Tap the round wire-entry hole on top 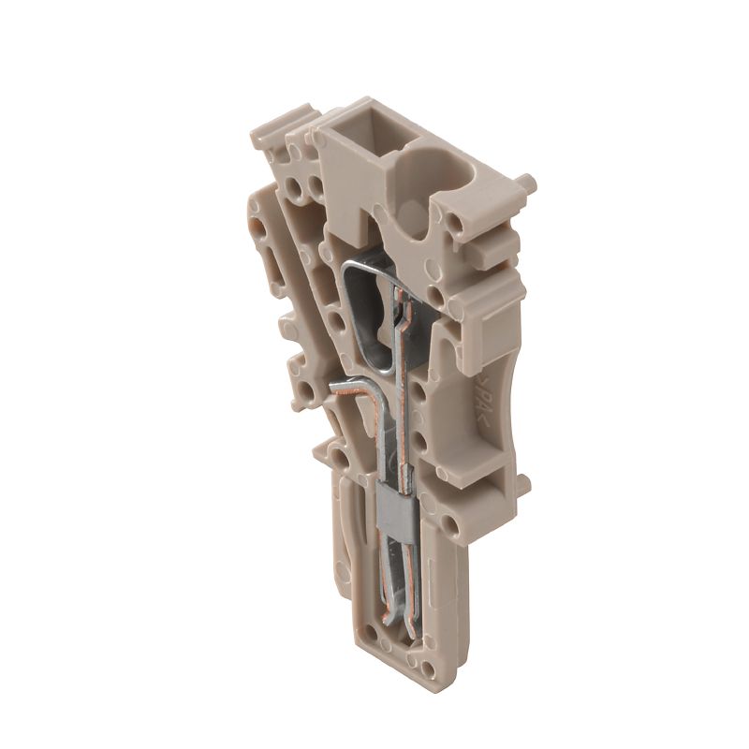pos(422,174)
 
